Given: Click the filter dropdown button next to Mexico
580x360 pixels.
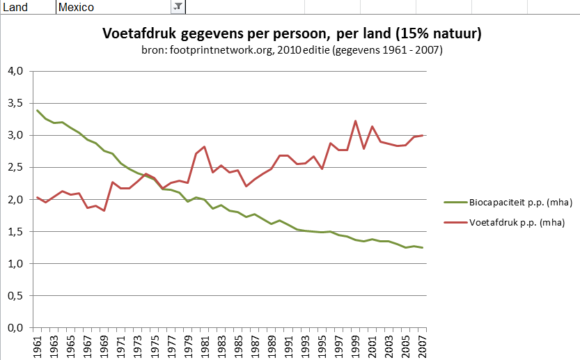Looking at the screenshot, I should point(178,7).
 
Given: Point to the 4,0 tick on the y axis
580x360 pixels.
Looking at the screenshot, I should point(16,71).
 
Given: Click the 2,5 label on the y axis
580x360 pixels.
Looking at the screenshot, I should point(16,167).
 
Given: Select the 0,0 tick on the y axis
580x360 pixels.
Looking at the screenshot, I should point(16,328).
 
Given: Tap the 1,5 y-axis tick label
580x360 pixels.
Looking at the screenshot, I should point(16,232).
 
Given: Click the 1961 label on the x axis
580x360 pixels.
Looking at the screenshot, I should point(38,345).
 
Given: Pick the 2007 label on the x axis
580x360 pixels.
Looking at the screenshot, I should point(422,345).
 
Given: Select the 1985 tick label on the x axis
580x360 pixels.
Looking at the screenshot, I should point(238,345).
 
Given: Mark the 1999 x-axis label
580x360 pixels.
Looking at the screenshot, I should point(355,345).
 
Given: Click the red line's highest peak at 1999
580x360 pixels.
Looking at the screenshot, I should point(355,121).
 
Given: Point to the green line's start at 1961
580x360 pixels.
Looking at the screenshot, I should point(38,110).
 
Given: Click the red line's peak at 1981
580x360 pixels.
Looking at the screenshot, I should point(205,147).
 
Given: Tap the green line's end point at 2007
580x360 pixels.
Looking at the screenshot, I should point(422,248).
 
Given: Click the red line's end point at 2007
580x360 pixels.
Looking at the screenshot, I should point(422,136).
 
